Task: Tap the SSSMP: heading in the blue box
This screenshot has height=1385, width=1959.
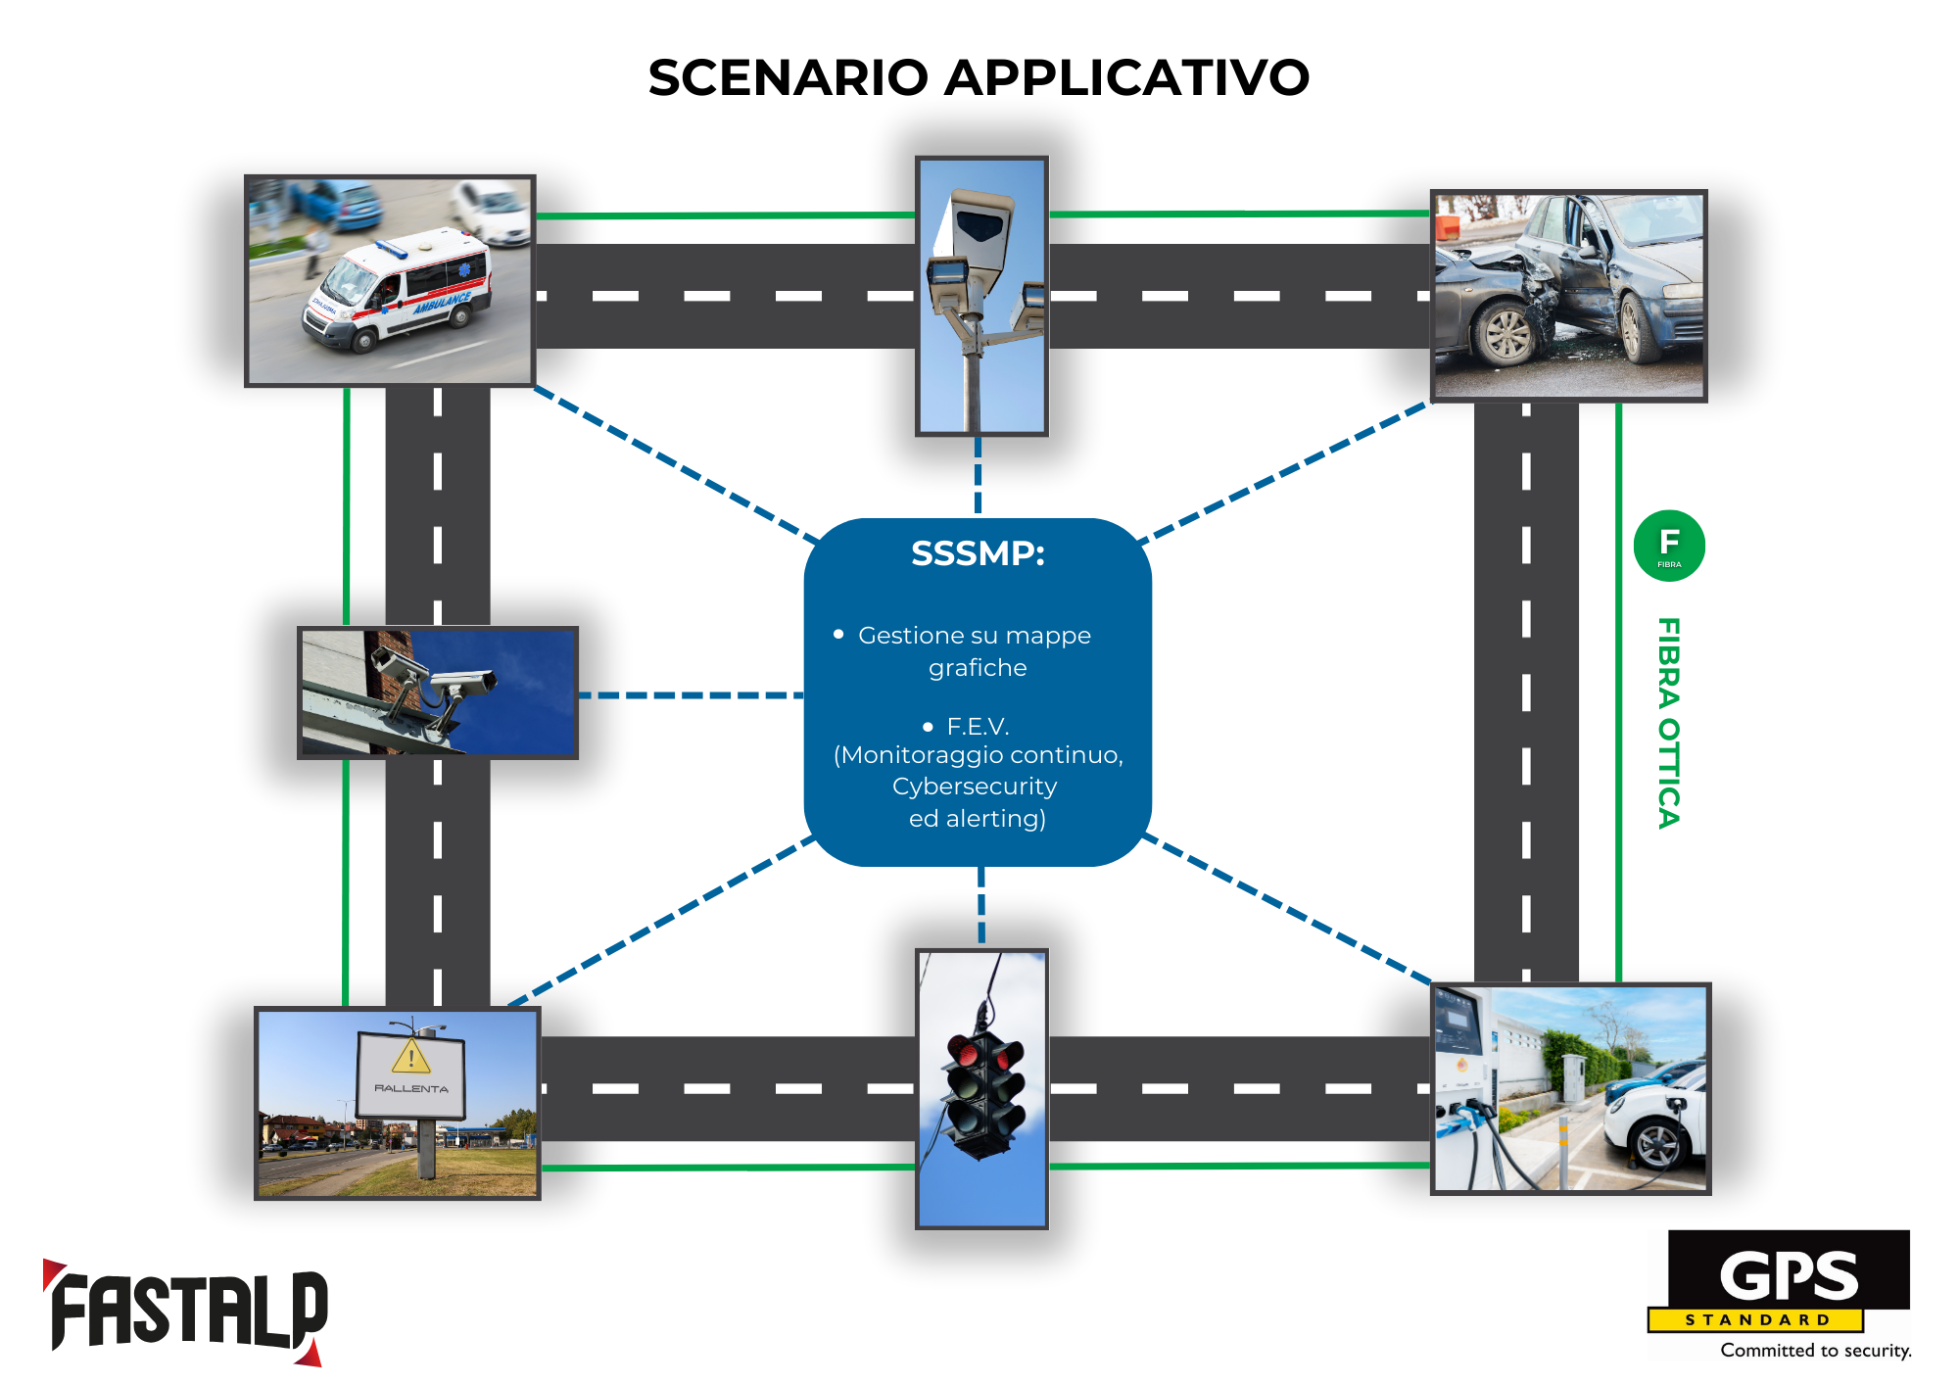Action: [978, 554]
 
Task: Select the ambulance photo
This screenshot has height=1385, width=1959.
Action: [390, 281]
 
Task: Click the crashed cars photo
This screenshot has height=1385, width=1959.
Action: [1568, 296]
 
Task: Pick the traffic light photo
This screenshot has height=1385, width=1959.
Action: [981, 1088]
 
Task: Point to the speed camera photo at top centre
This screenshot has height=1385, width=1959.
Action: [981, 296]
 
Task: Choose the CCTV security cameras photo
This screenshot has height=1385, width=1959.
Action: [438, 692]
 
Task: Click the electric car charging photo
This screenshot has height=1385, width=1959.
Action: [1570, 1088]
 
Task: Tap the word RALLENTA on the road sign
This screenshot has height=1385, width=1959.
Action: [411, 1088]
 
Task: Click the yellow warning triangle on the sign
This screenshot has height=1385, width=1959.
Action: [411, 1057]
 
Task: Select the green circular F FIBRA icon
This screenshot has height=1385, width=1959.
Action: [1669, 546]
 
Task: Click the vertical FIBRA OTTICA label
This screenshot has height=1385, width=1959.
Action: [1669, 723]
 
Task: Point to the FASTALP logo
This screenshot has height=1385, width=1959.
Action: [186, 1313]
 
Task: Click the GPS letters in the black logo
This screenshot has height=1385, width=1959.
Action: [1789, 1275]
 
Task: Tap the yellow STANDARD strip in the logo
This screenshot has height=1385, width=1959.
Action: [1755, 1320]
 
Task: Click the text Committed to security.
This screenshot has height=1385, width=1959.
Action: [1815, 1351]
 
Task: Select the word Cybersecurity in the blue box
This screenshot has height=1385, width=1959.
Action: [975, 787]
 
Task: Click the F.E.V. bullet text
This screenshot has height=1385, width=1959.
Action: [977, 727]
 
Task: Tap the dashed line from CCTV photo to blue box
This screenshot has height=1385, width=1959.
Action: [691, 695]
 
